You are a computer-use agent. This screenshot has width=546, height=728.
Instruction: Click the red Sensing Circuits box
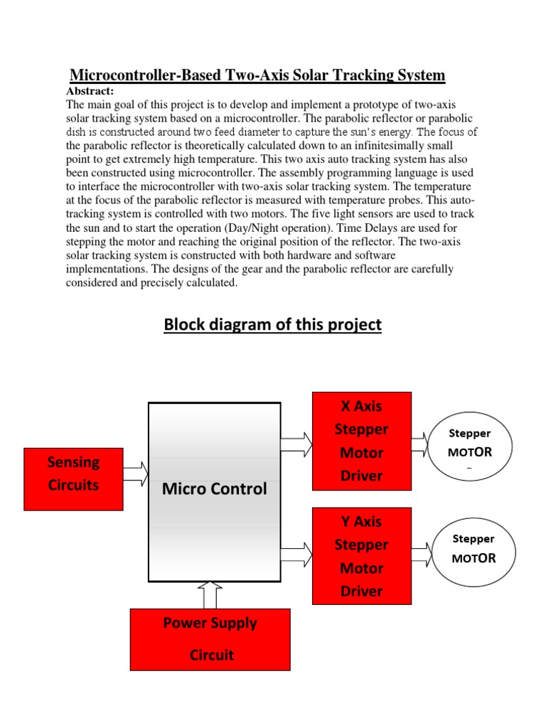tap(73, 479)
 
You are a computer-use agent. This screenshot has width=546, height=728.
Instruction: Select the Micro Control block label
tap(214, 489)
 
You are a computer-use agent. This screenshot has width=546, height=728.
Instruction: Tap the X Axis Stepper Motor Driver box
tap(362, 441)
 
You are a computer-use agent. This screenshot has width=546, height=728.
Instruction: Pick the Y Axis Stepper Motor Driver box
tap(362, 556)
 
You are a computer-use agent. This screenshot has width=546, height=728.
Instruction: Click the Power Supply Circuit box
tap(210, 639)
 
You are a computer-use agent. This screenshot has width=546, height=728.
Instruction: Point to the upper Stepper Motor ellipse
tap(469, 444)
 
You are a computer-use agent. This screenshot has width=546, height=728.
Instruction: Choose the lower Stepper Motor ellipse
tap(473, 549)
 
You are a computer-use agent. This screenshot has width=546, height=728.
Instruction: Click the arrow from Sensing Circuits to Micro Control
tap(135, 472)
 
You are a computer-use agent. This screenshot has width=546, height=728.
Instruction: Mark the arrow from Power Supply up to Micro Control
tap(210, 595)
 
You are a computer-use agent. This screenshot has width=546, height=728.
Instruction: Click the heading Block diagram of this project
tap(273, 325)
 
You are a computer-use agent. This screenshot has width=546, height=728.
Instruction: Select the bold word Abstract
tap(90, 91)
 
